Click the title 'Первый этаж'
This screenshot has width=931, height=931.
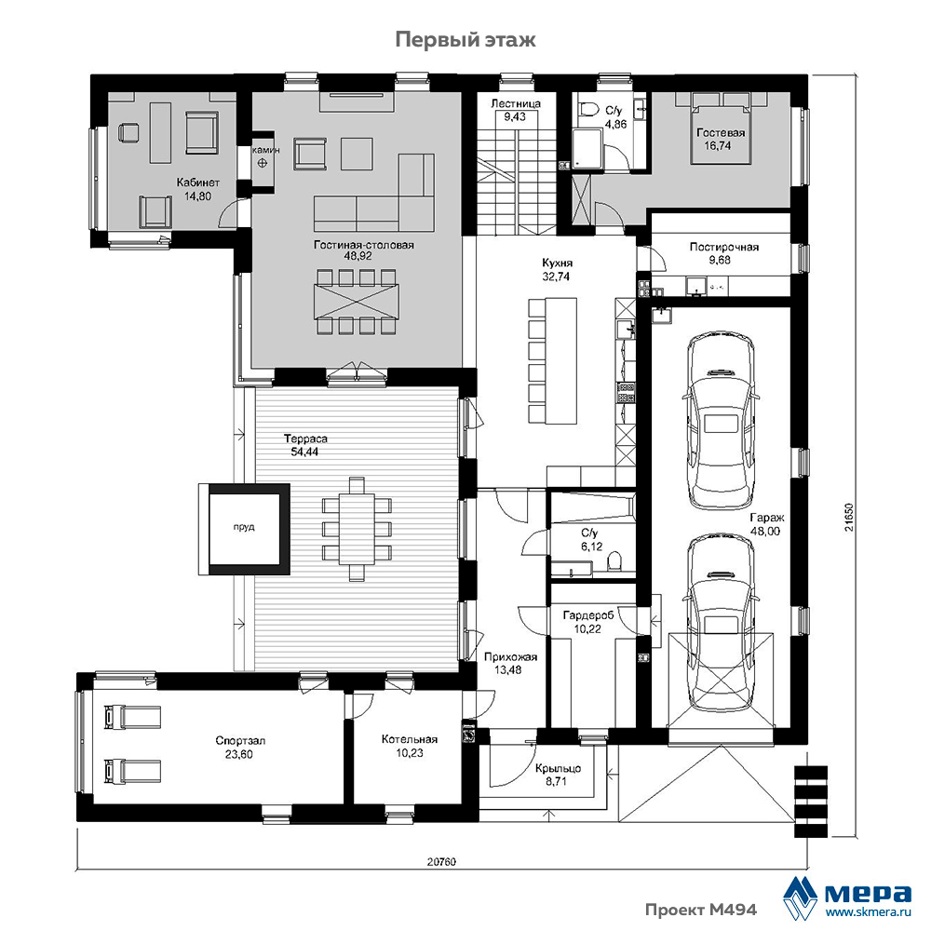pos(465,40)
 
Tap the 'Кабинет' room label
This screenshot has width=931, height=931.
pos(197,182)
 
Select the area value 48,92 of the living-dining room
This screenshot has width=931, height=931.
pos(363,257)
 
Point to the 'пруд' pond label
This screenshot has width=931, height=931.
pos(243,527)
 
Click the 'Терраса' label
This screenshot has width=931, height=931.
pos(305,439)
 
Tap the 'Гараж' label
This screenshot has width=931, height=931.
pos(766,517)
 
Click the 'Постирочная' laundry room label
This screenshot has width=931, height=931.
pos(723,247)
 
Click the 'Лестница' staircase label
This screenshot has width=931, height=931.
pos(516,103)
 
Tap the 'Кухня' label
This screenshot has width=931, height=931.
pos(557,263)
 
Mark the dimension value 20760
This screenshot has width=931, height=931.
pos(441,861)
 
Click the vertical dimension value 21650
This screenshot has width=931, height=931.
pos(850,517)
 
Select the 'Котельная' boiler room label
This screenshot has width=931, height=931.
pos(409,739)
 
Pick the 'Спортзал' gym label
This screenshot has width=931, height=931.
pos(240,741)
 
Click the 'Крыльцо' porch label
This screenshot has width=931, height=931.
pos(558,768)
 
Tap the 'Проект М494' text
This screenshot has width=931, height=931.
pos(701,910)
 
